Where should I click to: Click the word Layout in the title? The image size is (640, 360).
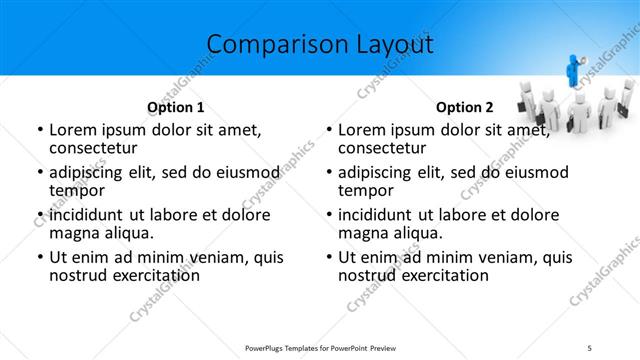click(x=389, y=44)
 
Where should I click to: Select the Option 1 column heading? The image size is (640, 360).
click(x=176, y=107)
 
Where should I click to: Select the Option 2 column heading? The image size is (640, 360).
click(x=465, y=107)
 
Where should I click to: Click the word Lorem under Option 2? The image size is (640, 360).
click(x=364, y=130)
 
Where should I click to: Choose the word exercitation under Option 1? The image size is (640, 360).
click(x=155, y=275)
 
